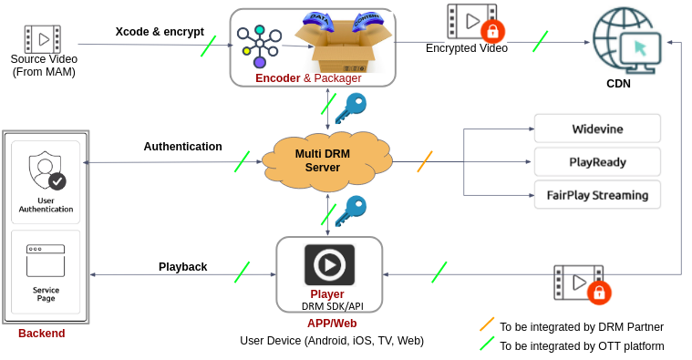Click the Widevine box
pyautogui.click(x=596, y=129)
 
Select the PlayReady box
pyautogui.click(x=596, y=162)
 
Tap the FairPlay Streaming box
pyautogui.click(x=596, y=195)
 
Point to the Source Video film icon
pyautogui.click(x=43, y=39)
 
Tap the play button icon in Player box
pyautogui.click(x=328, y=265)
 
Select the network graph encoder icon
pyautogui.click(x=260, y=44)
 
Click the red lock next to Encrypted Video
pyautogui.click(x=492, y=31)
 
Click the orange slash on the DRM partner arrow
pyautogui.click(x=425, y=161)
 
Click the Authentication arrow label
pyautogui.click(x=182, y=147)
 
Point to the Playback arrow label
pyautogui.click(x=182, y=267)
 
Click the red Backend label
pyautogui.click(x=42, y=334)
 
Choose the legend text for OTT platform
pyautogui.click(x=582, y=346)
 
